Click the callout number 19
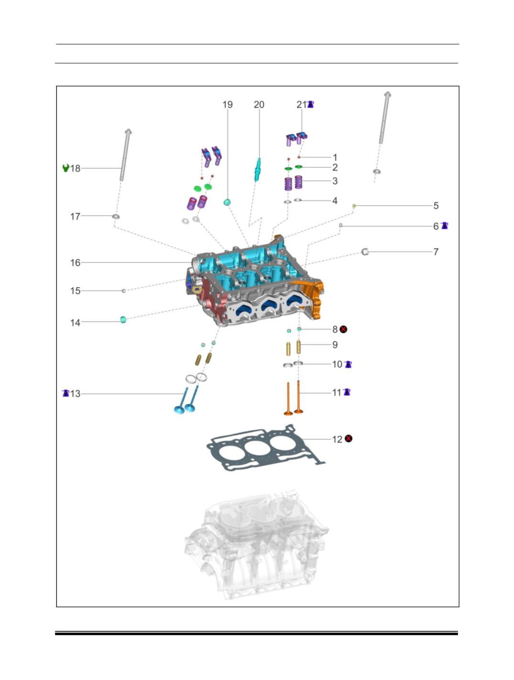pyautogui.click(x=227, y=105)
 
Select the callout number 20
pyautogui.click(x=259, y=105)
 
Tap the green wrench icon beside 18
pyautogui.click(x=66, y=168)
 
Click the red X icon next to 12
pyautogui.click(x=348, y=439)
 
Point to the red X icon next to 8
pyautogui.click(x=343, y=329)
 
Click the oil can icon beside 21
pyautogui.click(x=311, y=104)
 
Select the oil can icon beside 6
pyautogui.click(x=445, y=225)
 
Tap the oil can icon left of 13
pyautogui.click(x=66, y=393)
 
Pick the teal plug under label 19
pyautogui.click(x=227, y=202)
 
